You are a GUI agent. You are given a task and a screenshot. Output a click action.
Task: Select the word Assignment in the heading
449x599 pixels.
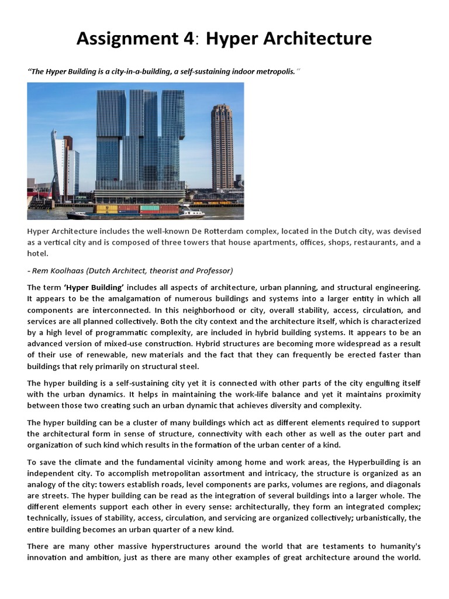tap(126, 39)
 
